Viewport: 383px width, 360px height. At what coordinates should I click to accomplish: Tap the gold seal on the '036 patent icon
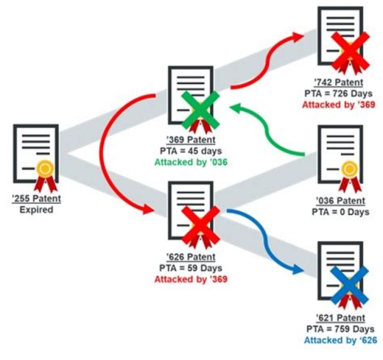point(349,169)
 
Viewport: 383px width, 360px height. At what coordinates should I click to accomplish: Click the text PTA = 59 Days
point(191,268)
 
